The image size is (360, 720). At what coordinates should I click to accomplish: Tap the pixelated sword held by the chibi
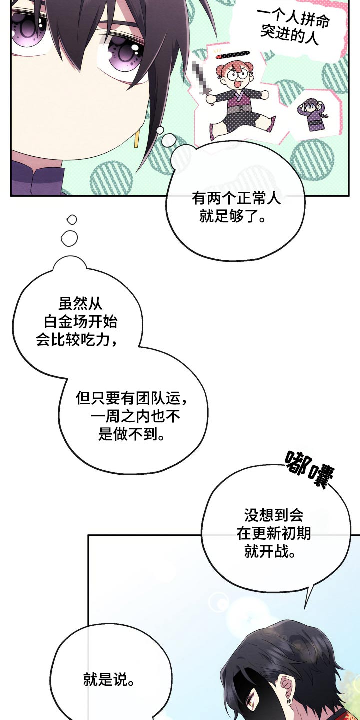pyautogui.click(x=202, y=79)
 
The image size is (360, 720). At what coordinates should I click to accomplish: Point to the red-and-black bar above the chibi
pyautogui.click(x=233, y=55)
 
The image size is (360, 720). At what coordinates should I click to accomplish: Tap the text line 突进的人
pyautogui.click(x=289, y=36)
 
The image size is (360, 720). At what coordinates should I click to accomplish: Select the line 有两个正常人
pyautogui.click(x=236, y=198)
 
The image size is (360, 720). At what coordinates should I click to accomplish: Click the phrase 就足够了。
pyautogui.click(x=233, y=216)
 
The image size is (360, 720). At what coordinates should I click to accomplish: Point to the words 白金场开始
pyautogui.click(x=80, y=321)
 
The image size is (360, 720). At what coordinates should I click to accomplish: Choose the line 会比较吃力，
pyautogui.click(x=76, y=339)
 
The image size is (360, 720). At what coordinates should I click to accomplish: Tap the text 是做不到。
pyautogui.click(x=131, y=434)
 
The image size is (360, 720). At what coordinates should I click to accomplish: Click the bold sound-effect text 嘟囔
pyautogui.click(x=310, y=469)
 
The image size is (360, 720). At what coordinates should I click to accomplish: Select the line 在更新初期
pyautogui.click(x=274, y=533)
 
